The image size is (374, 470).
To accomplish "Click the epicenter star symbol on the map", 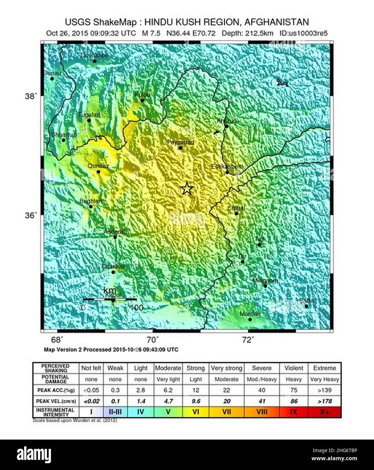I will click(186, 189).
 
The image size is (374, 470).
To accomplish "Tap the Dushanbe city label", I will click(95, 55).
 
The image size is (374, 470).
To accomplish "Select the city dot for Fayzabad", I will click(180, 148).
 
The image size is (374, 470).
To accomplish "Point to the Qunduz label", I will click(98, 166).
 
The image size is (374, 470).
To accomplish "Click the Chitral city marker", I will click(236, 213).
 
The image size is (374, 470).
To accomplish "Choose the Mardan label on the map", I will click(250, 314).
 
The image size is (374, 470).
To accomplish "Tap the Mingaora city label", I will click(265, 280).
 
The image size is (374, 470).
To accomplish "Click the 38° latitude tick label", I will click(30, 96).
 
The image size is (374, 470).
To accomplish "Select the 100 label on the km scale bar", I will click(136, 308).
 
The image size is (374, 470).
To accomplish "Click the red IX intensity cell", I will click(294, 412).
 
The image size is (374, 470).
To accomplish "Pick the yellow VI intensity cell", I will click(195, 412).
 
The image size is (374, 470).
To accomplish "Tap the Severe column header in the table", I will click(262, 368).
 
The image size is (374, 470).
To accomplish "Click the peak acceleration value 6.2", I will click(168, 390).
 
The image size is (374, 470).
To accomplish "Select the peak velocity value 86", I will click(294, 401).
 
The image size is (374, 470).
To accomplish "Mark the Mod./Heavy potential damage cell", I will click(262, 379).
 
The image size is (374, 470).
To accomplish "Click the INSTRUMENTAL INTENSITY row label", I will click(55, 412).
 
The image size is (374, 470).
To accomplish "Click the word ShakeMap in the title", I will click(116, 22).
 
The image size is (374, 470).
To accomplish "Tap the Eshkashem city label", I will click(227, 166).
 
